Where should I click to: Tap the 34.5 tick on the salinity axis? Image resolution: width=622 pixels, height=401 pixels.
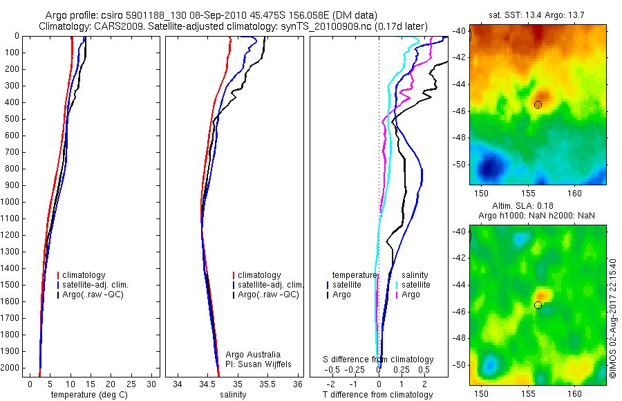pyautogui.click(x=207, y=384)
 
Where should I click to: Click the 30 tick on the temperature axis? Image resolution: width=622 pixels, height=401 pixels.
pyautogui.click(x=152, y=384)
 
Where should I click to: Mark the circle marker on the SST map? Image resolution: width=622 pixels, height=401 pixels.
pyautogui.click(x=538, y=104)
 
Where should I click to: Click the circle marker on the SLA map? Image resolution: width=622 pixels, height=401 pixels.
pyautogui.click(x=538, y=305)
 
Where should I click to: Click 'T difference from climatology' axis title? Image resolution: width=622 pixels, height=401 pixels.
pyautogui.click(x=378, y=395)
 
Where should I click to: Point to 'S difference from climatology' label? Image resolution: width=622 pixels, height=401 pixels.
pyautogui.click(x=379, y=360)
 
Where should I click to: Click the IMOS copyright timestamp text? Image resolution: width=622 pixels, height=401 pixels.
pyautogui.click(x=612, y=318)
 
